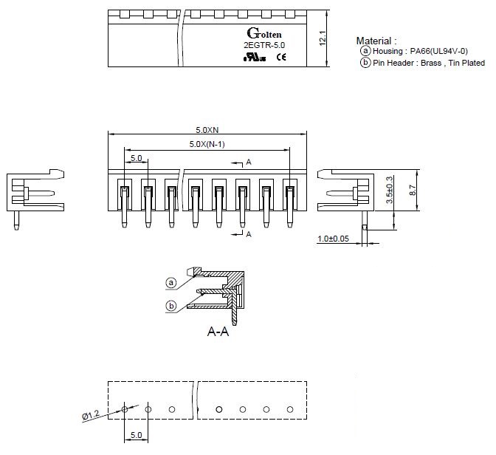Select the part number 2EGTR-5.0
pyautogui.click(x=263, y=47)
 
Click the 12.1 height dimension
pyautogui.click(x=323, y=39)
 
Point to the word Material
pyautogui.click(x=375, y=41)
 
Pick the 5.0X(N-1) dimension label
pyautogui.click(x=207, y=143)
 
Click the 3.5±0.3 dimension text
pyautogui.click(x=389, y=191)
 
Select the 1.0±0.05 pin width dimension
pyautogui.click(x=333, y=239)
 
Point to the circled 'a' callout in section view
pyautogui.click(x=170, y=281)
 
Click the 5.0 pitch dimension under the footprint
pyautogui.click(x=136, y=436)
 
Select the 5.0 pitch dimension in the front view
pyautogui.click(x=137, y=157)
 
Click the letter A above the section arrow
pyautogui.click(x=249, y=161)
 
